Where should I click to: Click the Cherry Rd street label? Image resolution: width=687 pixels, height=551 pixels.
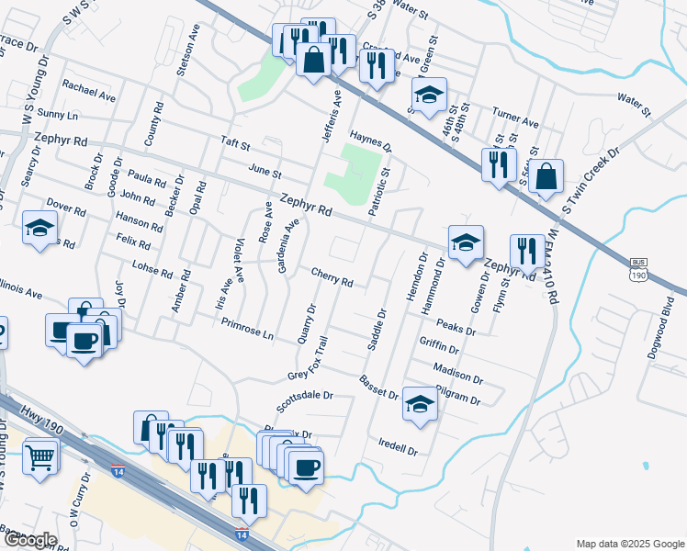click(x=332, y=277)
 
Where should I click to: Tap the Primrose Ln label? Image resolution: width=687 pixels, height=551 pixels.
click(x=248, y=329)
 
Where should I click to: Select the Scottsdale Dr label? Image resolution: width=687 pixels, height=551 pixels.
click(x=304, y=401)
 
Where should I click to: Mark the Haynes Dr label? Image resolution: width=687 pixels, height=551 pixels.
click(x=370, y=140)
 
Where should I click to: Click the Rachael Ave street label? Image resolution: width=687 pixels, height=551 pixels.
click(x=88, y=89)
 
